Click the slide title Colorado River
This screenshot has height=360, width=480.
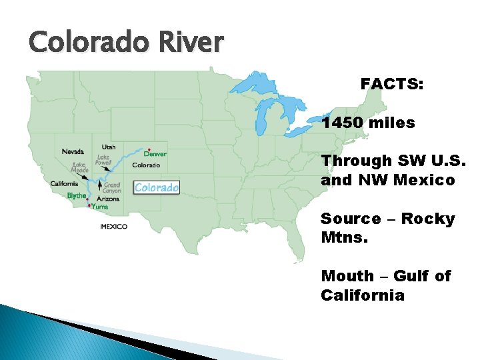point(126,43)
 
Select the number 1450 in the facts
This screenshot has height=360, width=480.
point(344,123)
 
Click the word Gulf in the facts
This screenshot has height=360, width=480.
point(410,276)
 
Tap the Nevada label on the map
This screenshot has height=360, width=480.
point(73,151)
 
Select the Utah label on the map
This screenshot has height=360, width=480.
point(108,147)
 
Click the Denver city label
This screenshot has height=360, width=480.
point(155,154)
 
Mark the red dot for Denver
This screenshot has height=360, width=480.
point(149,149)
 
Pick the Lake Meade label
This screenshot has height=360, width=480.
point(79,167)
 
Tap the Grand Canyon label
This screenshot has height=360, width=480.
point(111,187)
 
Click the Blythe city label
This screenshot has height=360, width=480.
point(76,195)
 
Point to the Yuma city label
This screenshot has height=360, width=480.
point(100,207)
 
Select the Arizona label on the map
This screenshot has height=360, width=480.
point(107,198)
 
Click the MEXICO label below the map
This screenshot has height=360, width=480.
point(113,227)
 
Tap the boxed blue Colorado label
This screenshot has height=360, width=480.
point(157,187)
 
